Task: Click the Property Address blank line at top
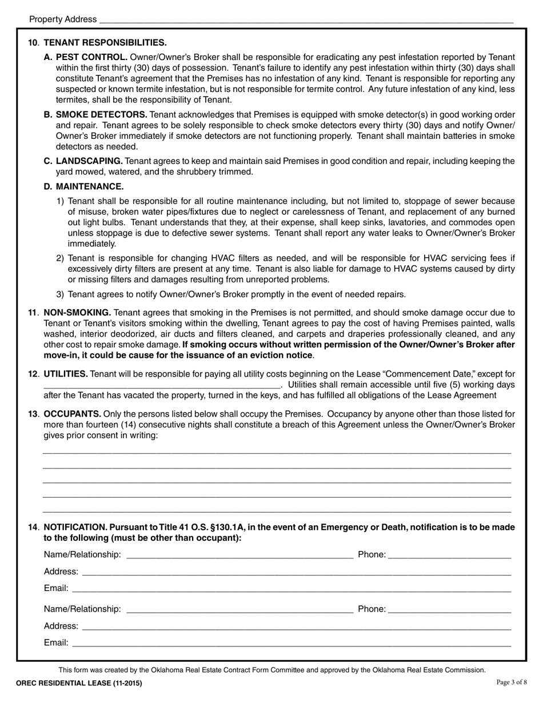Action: tap(306, 20)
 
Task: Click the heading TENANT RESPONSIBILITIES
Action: tap(105, 42)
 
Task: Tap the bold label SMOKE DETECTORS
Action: tap(101, 115)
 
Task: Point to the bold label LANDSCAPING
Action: tap(89, 161)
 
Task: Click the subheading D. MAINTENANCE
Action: tap(83, 186)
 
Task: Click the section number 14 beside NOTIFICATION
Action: tap(33, 527)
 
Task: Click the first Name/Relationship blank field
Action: tap(239, 556)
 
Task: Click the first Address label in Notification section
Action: tap(61, 572)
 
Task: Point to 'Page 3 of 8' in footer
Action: tap(511, 682)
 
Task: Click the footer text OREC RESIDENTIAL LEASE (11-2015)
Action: tap(79, 683)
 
